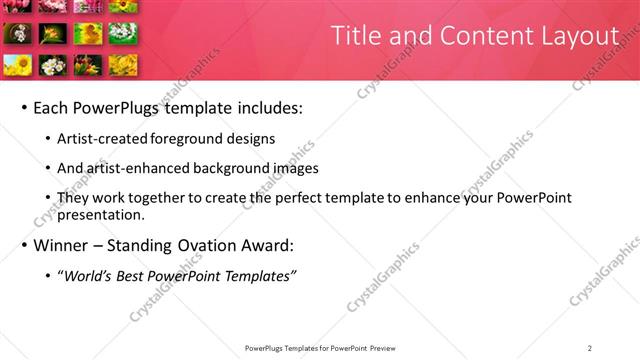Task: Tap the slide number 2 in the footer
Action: pos(589,348)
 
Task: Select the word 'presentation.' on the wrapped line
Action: pos(103,215)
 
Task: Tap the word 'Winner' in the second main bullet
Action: pos(63,245)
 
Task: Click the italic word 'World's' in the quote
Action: pos(90,276)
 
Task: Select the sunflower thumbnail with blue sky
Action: pos(18,65)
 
